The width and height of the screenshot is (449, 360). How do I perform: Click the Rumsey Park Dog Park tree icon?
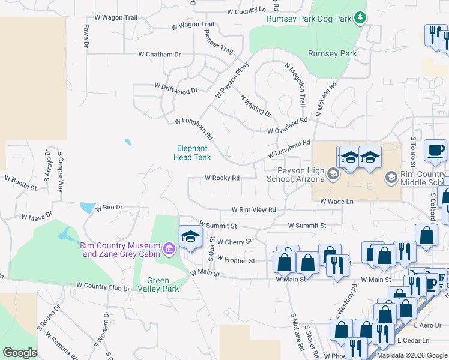click(360, 17)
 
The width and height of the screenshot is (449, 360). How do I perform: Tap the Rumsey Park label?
click(332, 53)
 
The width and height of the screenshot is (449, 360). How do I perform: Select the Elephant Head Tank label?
click(192, 153)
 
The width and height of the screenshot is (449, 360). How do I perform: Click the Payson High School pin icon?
click(334, 173)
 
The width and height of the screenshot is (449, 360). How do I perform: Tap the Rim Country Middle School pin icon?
click(391, 176)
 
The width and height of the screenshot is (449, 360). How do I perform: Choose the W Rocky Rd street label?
click(222, 178)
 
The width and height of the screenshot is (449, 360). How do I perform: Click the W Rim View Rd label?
click(254, 210)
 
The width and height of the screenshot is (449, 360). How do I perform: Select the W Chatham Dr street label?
click(160, 55)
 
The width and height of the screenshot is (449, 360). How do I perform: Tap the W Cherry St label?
click(234, 242)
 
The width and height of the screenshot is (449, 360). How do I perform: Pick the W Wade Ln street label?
click(337, 202)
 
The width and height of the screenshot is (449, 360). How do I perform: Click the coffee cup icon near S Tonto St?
click(435, 151)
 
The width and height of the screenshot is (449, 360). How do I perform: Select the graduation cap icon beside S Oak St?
click(190, 236)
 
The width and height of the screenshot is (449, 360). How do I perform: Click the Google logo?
click(20, 352)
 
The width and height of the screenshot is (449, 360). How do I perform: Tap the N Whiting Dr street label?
click(256, 105)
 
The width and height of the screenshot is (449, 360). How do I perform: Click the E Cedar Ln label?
click(412, 340)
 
